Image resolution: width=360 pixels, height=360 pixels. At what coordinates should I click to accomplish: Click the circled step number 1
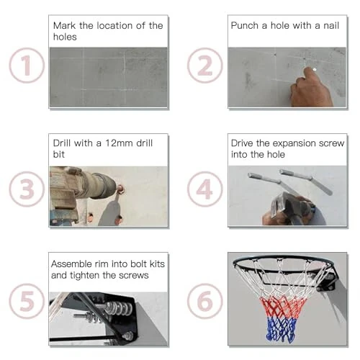pos(27,66)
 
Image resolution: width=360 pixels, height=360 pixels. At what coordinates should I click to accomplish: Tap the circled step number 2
pos(204,66)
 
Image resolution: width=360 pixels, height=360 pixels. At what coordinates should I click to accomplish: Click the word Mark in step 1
pos(66,26)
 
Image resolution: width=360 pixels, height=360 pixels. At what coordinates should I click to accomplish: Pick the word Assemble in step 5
pos(73,264)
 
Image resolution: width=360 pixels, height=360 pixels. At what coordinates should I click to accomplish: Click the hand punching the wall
pos(310,90)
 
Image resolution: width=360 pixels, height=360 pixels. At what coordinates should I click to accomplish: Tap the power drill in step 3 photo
pos(79,191)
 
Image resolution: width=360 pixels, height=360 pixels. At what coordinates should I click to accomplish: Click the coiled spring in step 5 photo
pos(115,312)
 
